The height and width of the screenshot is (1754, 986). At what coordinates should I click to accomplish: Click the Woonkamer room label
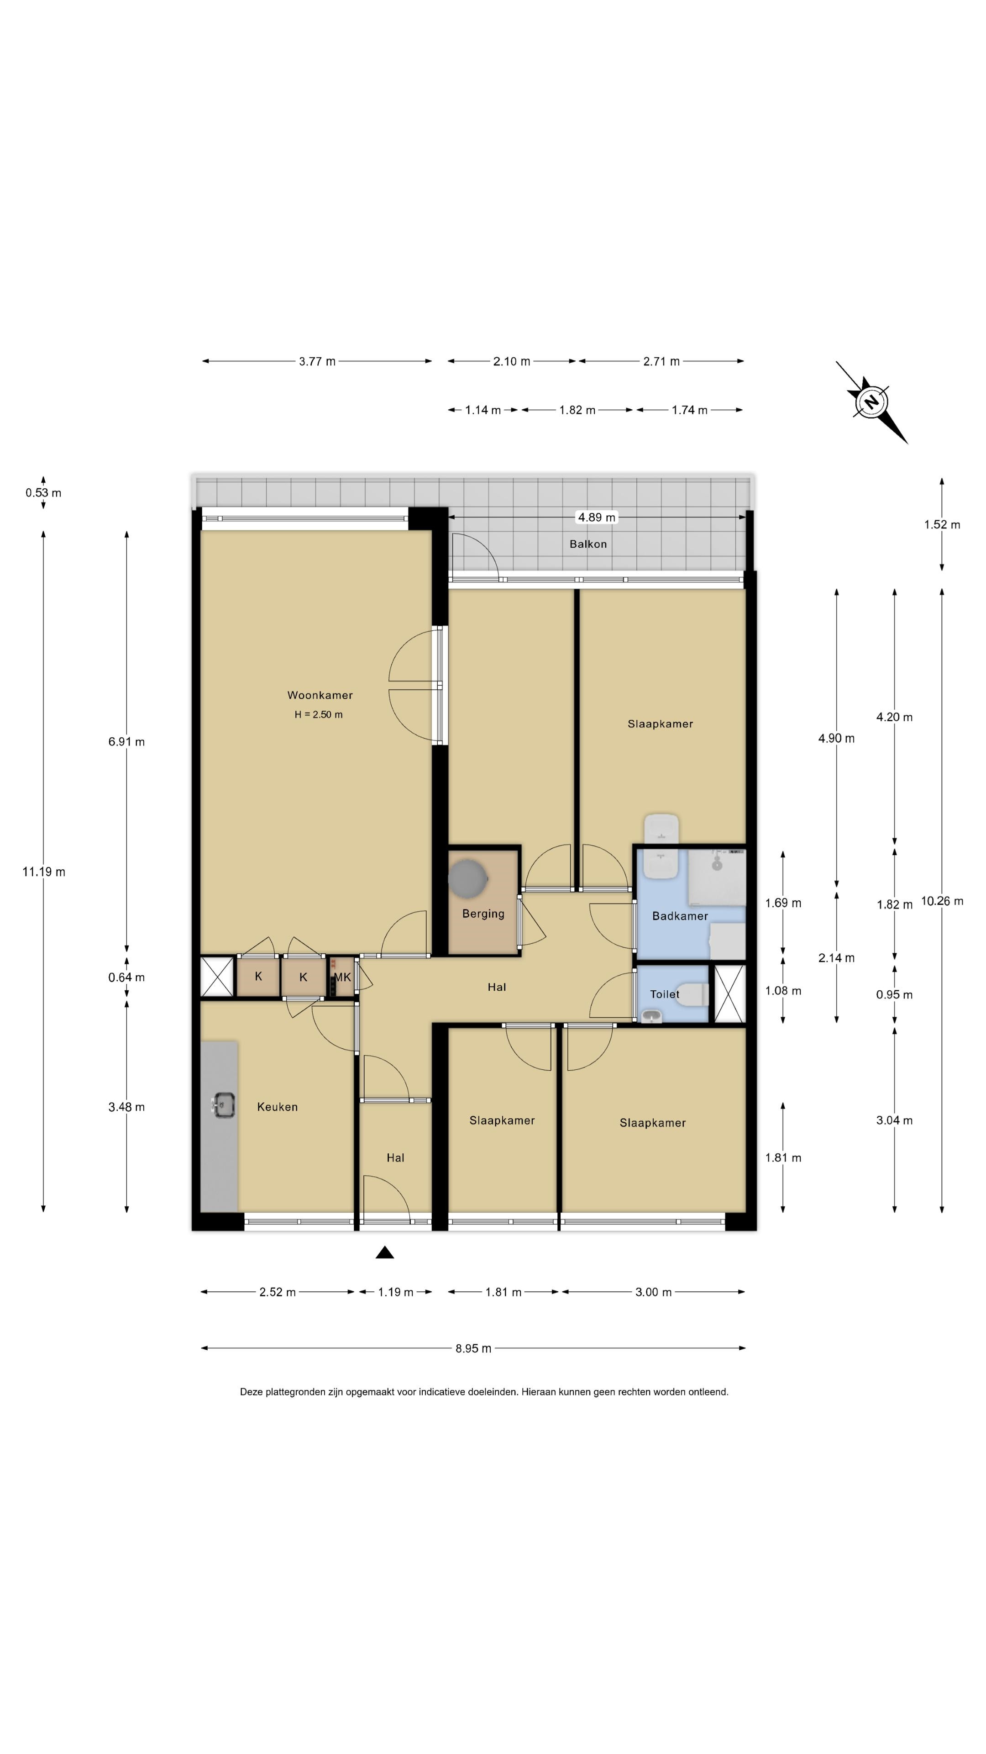[320, 695]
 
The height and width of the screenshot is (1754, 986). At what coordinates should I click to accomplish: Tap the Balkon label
[588, 544]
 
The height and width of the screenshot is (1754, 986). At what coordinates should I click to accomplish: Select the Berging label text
[483, 914]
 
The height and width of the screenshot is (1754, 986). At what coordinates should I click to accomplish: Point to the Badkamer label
[680, 916]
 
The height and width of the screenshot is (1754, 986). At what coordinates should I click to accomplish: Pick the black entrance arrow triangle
[385, 1252]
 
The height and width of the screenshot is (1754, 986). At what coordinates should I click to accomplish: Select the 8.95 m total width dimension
[473, 1348]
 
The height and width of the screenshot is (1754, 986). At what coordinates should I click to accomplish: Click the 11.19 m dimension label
[43, 872]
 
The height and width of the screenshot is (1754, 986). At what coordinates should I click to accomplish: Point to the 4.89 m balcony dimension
[597, 518]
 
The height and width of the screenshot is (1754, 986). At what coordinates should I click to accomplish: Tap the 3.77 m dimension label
[317, 362]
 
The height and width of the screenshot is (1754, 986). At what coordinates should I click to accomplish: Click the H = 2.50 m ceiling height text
[319, 714]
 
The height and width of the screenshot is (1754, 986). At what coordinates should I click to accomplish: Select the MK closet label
[342, 977]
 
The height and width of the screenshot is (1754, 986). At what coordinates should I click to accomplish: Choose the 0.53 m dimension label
[43, 493]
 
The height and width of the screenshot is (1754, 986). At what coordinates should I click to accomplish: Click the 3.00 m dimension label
[653, 1292]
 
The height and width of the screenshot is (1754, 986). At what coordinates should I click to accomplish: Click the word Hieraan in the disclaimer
[538, 1392]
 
